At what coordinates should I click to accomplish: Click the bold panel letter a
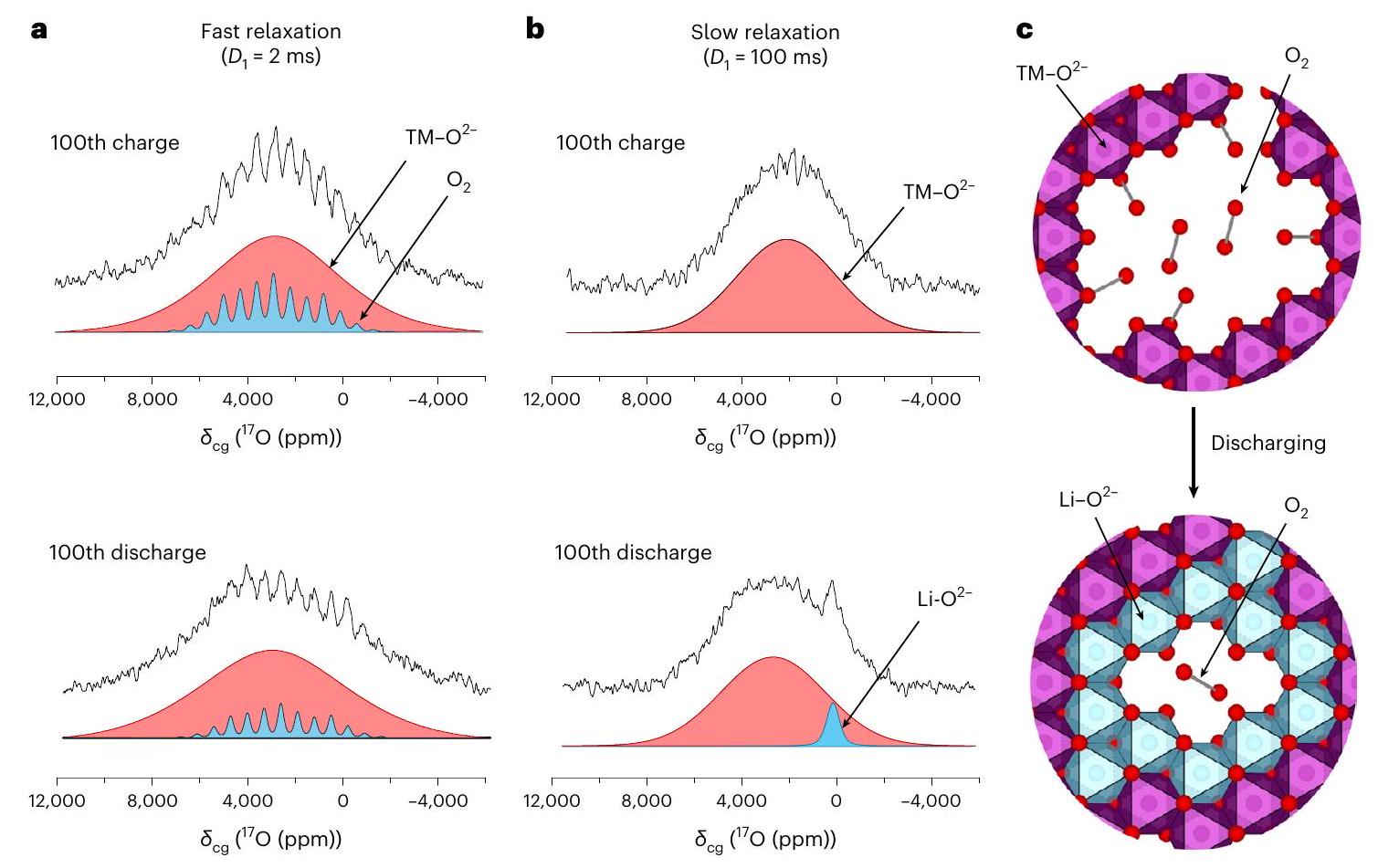39,30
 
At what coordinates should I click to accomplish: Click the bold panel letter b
535,30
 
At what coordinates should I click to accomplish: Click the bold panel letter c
1025,30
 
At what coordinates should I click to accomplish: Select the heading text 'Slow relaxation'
764,32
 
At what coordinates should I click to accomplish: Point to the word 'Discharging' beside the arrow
1268,444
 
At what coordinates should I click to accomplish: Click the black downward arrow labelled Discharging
1193,452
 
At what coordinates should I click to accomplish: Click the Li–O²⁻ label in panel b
944,599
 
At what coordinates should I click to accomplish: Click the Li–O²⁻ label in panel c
1089,500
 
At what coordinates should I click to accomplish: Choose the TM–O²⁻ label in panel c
1051,72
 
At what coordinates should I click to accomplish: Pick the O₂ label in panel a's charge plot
458,183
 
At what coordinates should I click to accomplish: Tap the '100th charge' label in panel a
114,143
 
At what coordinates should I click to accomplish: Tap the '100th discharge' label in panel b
633,553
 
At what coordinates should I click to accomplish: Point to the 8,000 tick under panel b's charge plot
647,399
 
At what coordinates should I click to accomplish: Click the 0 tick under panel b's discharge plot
836,801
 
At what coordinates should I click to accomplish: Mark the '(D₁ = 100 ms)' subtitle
764,58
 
